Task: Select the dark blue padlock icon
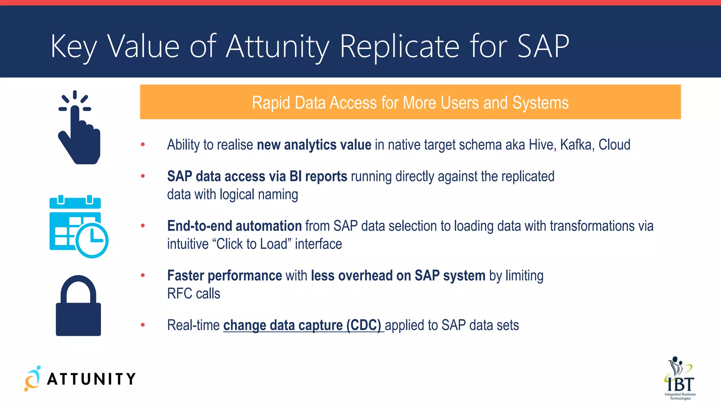(x=78, y=306)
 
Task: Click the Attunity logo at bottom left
(x=80, y=379)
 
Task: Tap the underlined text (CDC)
(x=364, y=325)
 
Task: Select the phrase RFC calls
(x=194, y=294)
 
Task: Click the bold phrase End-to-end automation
(x=234, y=226)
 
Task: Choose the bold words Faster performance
(x=225, y=276)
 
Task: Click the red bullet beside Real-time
(x=143, y=325)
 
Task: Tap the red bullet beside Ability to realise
(x=143, y=144)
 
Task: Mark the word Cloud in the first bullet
(x=614, y=145)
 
